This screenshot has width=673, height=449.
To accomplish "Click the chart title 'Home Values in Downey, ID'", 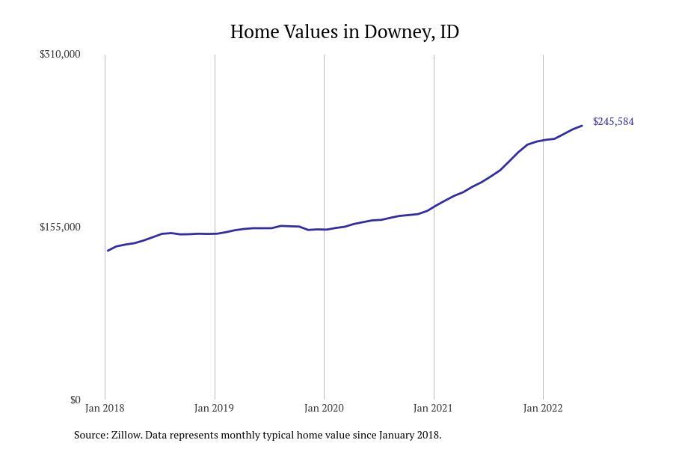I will [344, 32].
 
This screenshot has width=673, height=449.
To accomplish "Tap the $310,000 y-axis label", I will [60, 54].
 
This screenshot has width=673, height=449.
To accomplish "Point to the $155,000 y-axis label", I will [60, 227].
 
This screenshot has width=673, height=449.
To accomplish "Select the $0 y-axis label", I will [75, 400].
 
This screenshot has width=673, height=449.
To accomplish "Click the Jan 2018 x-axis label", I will [105, 408].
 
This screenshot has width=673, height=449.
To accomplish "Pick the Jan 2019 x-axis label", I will [214, 408].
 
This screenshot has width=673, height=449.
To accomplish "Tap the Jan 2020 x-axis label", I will [324, 408].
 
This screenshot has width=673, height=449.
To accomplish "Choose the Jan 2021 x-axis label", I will [433, 408].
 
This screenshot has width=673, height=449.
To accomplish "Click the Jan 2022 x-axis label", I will [543, 408].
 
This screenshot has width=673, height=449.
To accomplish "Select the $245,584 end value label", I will [613, 121].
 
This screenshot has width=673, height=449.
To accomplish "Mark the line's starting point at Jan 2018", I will [108, 251].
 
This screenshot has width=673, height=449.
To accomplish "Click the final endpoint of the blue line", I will [582, 126].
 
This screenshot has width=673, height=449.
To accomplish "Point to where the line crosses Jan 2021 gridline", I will [434, 207].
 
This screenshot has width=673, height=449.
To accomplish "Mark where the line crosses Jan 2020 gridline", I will [324, 230].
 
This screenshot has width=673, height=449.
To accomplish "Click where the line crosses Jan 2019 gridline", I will [215, 233].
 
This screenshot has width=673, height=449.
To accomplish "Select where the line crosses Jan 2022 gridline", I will [543, 140].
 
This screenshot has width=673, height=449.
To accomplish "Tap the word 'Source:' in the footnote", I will [90, 435].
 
